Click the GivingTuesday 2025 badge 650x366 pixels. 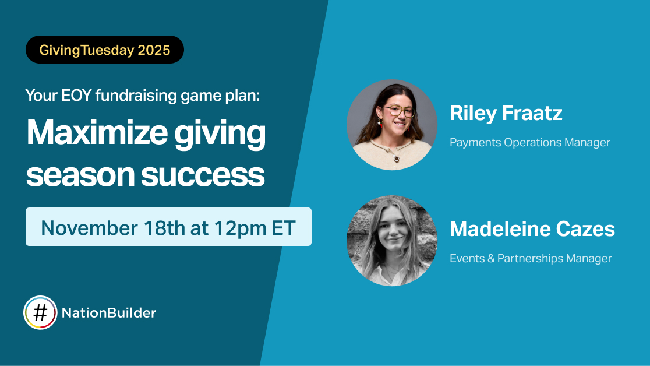105,50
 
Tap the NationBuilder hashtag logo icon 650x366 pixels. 40,313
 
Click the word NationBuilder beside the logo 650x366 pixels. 109,313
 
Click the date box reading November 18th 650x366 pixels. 168,227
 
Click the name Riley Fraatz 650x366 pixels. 506,113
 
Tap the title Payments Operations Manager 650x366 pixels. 529,142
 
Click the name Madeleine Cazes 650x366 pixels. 532,229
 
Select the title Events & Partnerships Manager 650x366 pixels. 531,258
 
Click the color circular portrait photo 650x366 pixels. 391,125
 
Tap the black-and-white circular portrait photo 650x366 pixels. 391,241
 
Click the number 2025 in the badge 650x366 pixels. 154,50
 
